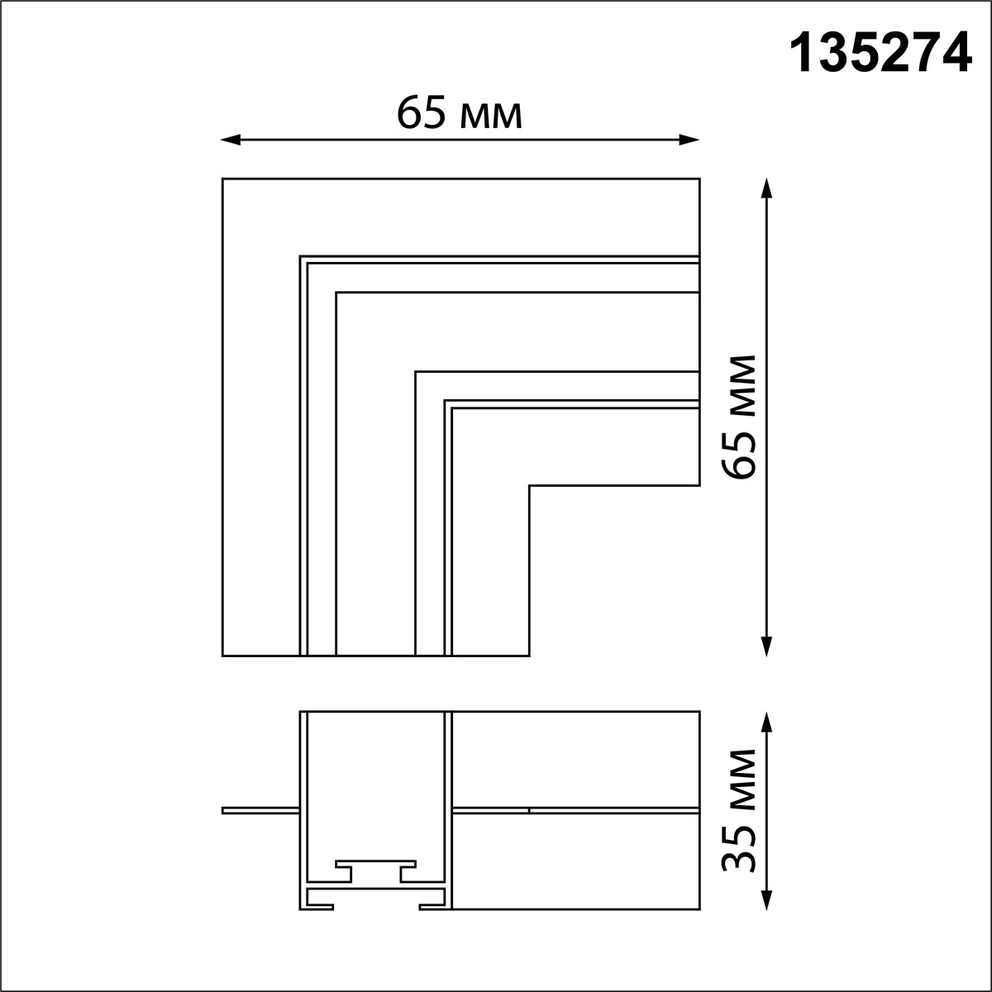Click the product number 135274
(880, 55)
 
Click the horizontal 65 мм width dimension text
(460, 113)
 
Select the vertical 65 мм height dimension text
(738, 417)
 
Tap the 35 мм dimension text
(738, 810)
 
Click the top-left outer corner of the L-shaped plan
(223, 179)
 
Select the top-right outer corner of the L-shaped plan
(699, 179)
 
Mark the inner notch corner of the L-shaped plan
(529, 485)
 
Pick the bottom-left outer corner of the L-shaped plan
(223, 656)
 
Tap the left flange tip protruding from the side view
(224, 810)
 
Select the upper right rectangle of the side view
(575, 757)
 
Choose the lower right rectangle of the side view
(575, 861)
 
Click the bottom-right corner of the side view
(699, 909)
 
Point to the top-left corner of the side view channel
(301, 711)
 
